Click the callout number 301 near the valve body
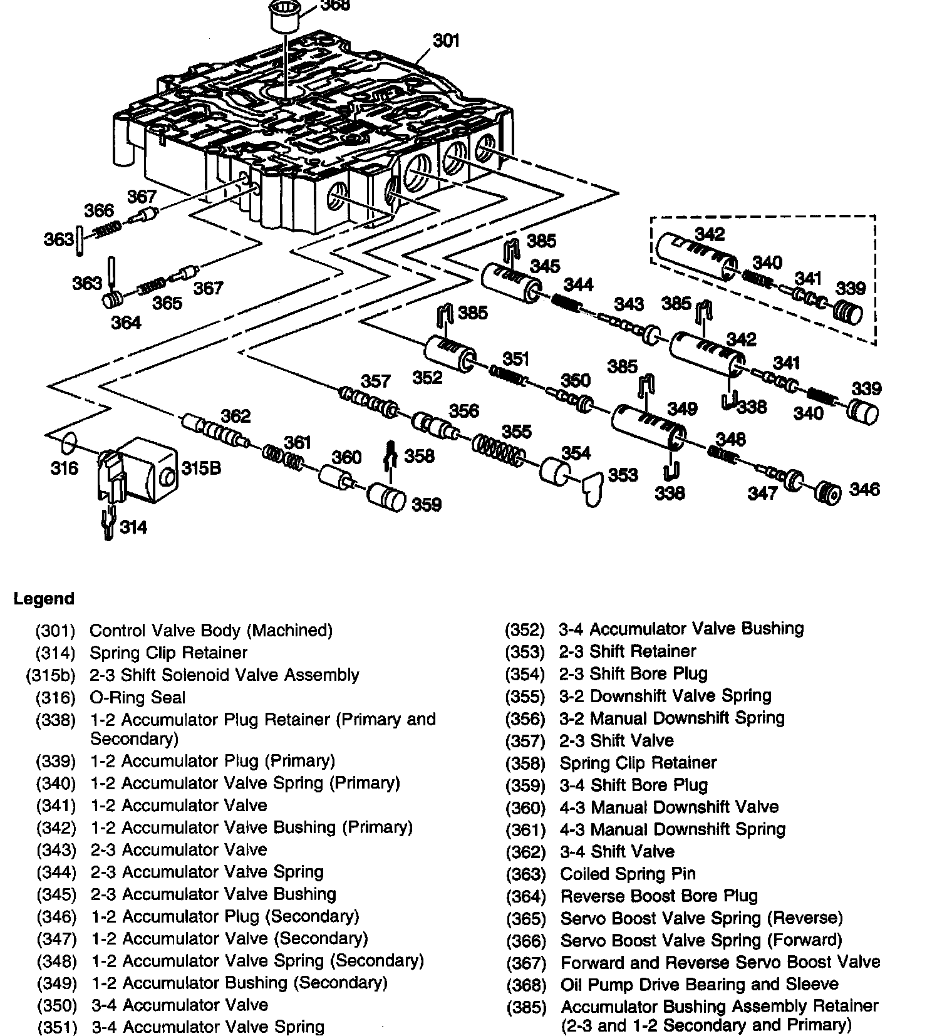click(x=447, y=41)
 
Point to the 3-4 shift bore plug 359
click(x=386, y=498)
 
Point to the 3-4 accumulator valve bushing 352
click(x=448, y=354)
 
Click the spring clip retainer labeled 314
click(x=108, y=522)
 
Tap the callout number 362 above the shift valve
click(x=235, y=416)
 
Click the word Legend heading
click(x=44, y=599)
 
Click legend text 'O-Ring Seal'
click(x=138, y=697)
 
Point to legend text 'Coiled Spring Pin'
click(x=628, y=874)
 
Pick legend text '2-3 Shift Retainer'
click(x=628, y=651)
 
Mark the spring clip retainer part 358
click(x=390, y=459)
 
